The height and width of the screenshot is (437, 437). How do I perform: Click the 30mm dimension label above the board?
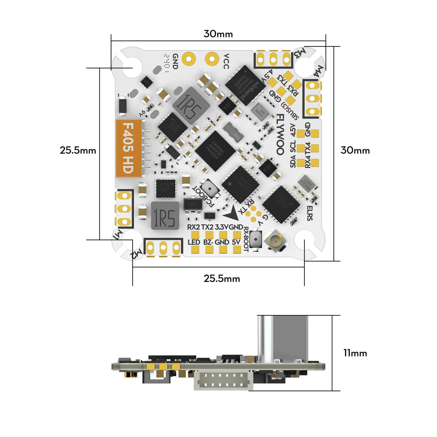tap(218, 34)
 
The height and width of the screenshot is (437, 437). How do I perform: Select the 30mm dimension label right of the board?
tap(355, 150)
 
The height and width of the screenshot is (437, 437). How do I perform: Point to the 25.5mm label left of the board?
tap(78, 150)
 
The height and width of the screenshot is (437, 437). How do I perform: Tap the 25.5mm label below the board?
tap(222, 278)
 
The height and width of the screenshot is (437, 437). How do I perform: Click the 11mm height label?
tap(355, 353)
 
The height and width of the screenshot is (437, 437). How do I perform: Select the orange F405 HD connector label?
tap(129, 148)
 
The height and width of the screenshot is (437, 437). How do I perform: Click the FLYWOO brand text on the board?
tap(280, 134)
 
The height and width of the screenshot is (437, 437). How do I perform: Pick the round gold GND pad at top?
tap(189, 58)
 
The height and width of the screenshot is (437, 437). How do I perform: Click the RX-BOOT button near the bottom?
tap(256, 239)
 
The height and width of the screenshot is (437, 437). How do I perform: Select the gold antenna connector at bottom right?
tap(276, 240)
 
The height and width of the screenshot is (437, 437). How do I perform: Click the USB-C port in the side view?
tap(283, 338)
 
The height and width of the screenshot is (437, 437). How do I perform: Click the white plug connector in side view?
tap(224, 381)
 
